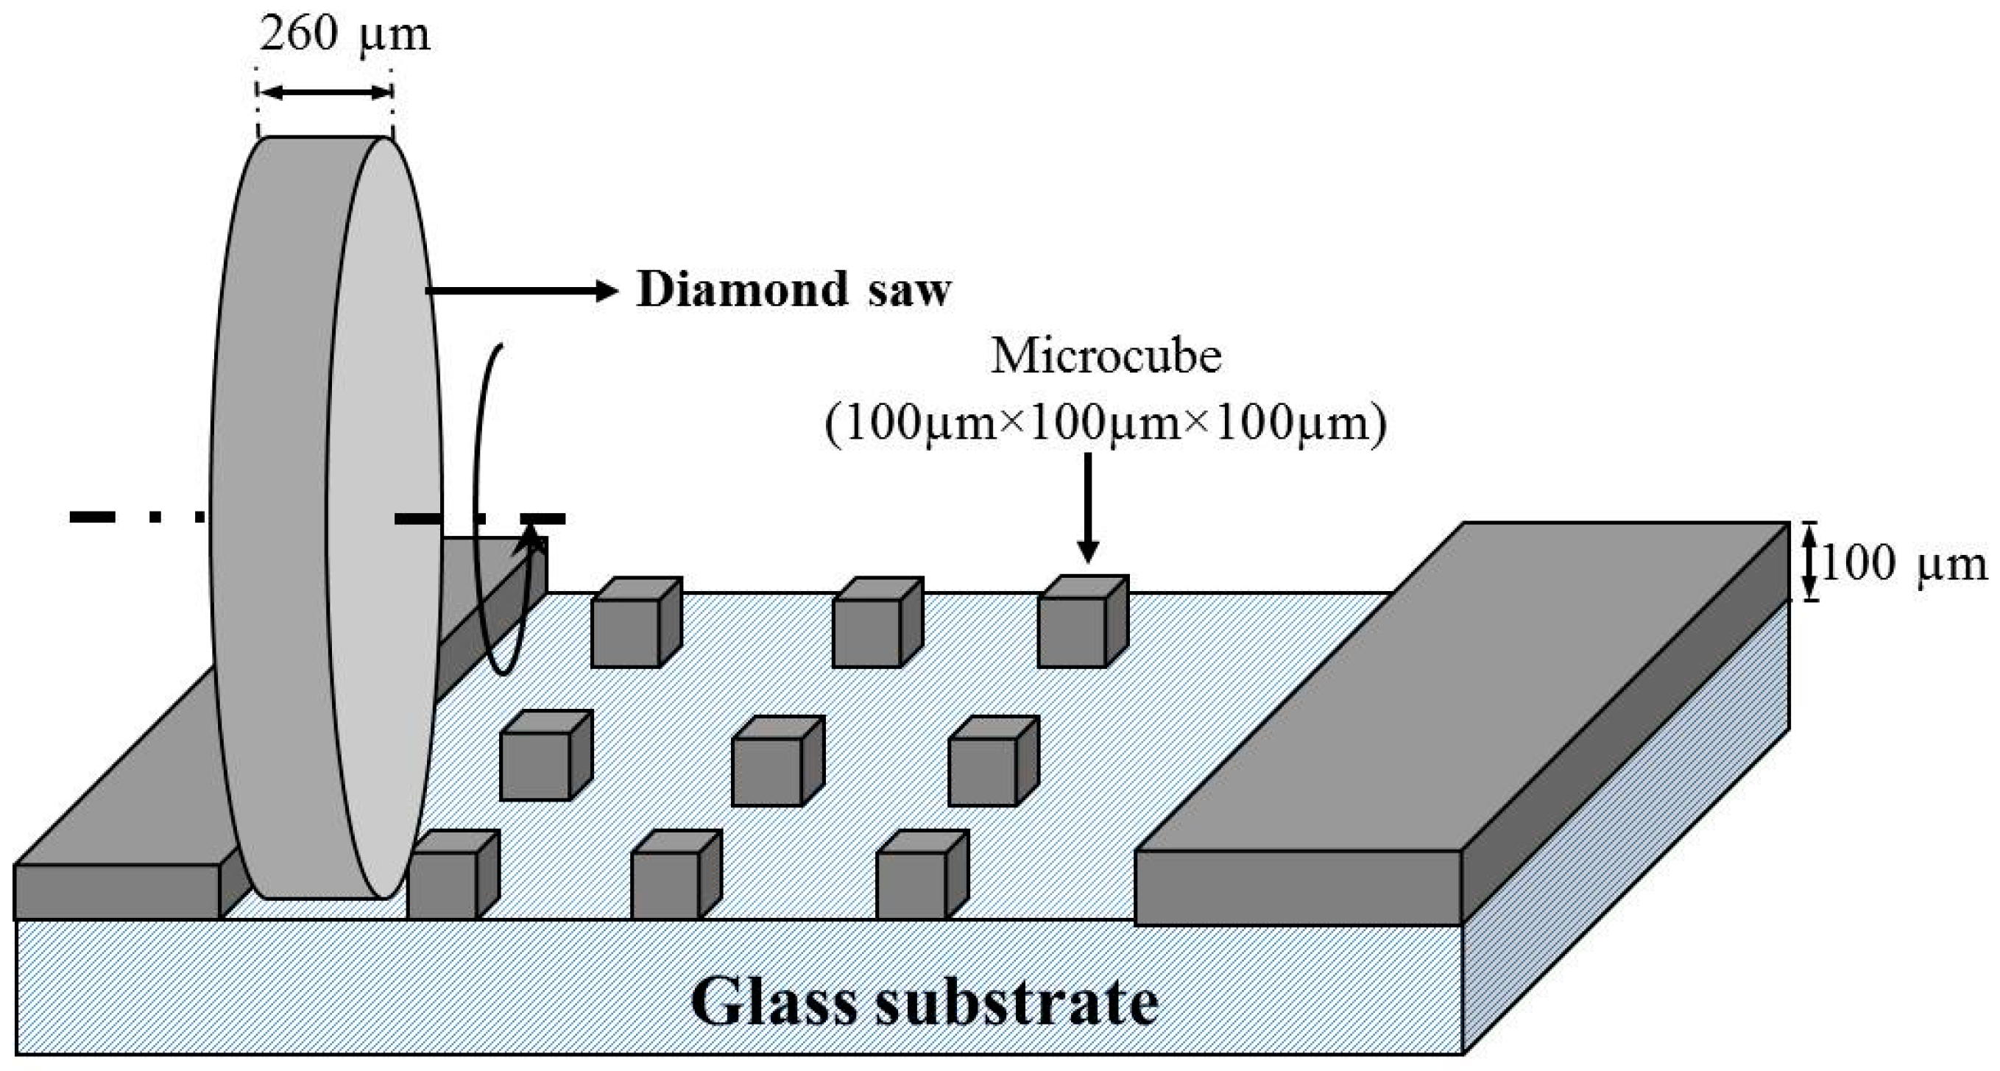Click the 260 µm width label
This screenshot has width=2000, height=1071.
(344, 35)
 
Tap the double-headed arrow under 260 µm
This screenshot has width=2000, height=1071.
(325, 93)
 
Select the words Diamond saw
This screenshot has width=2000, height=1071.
(794, 290)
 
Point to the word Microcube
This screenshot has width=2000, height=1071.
(1106, 357)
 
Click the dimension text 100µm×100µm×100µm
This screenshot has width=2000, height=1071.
(1106, 425)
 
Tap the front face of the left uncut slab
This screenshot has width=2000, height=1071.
(116, 893)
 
